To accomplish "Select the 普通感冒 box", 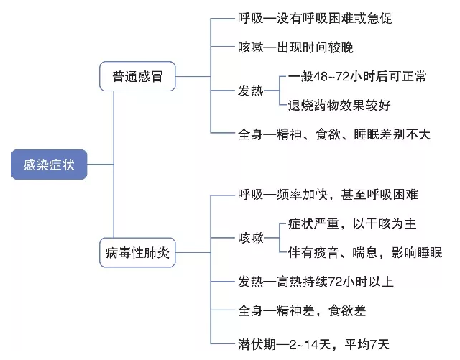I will coord(137,76).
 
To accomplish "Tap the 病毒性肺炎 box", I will coord(137,253).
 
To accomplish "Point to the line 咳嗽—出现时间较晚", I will coord(295,47).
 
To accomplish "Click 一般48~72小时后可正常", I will coord(356,76).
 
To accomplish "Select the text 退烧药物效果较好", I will coord(339,106).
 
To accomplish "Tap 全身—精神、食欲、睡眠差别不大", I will coord(333,134).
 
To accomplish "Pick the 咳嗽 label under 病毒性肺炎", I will coord(250,238).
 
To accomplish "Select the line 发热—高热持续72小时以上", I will coord(316,281).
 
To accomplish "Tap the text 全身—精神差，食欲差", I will coord(301,310).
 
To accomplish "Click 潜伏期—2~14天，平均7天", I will coord(313,343).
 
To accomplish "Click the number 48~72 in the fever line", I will coord(335,76).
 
